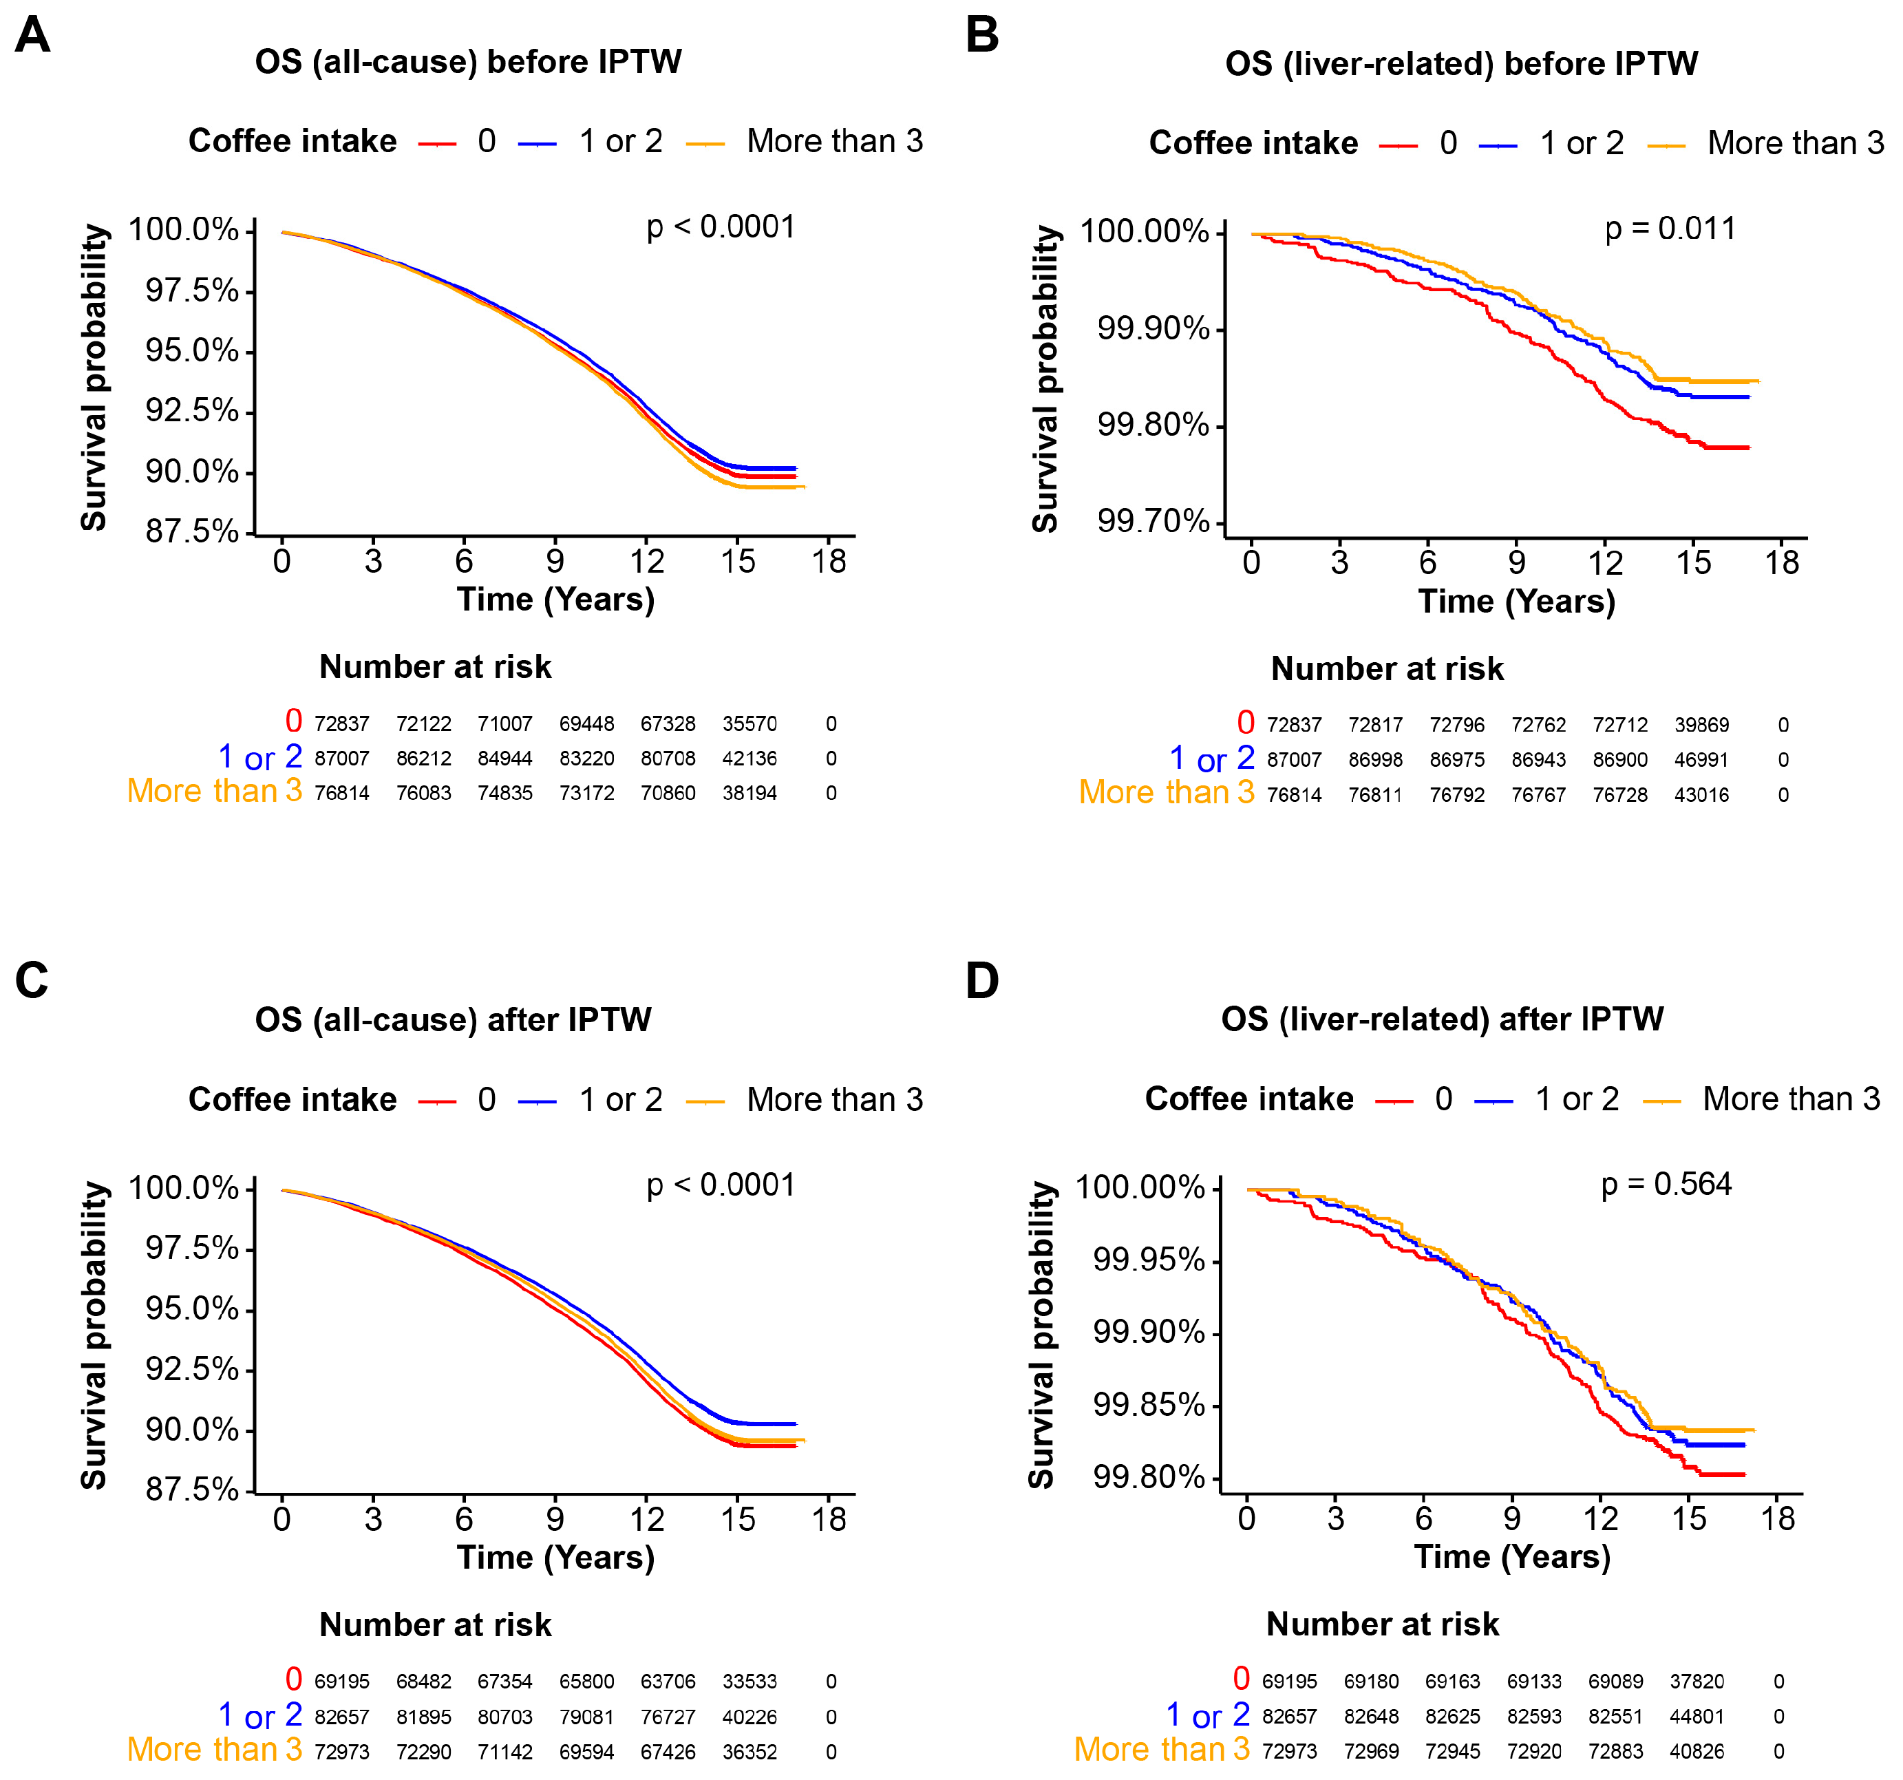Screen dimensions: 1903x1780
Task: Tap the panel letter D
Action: click(982, 980)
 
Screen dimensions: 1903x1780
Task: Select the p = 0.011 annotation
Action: click(1670, 229)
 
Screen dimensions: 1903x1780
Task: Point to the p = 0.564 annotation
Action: click(1666, 1185)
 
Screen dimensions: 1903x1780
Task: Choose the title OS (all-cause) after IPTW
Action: click(453, 1019)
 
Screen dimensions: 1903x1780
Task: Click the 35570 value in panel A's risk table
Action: click(749, 724)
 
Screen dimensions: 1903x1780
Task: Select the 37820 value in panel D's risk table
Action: click(1697, 1682)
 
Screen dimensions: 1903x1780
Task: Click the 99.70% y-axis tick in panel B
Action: click(1153, 521)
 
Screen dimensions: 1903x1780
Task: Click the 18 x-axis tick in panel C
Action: click(829, 1520)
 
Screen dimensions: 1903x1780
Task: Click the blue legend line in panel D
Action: click(1493, 1102)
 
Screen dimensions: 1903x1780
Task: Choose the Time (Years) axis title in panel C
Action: click(555, 1558)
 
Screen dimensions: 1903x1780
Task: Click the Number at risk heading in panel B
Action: click(1387, 669)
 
